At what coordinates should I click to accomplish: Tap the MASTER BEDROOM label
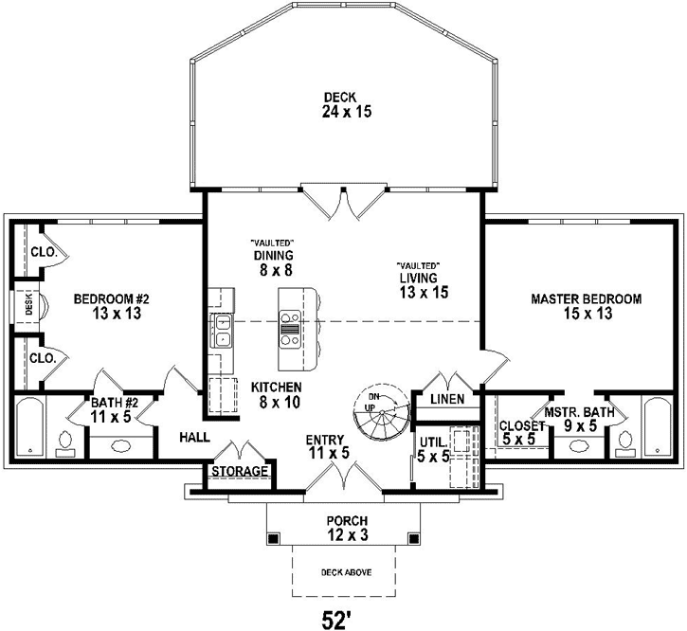coord(586,306)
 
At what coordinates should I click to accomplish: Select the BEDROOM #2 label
coord(113,306)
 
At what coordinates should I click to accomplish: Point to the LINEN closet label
coord(447,399)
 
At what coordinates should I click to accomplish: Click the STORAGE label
coord(241,472)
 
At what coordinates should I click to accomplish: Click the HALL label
coord(194,439)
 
